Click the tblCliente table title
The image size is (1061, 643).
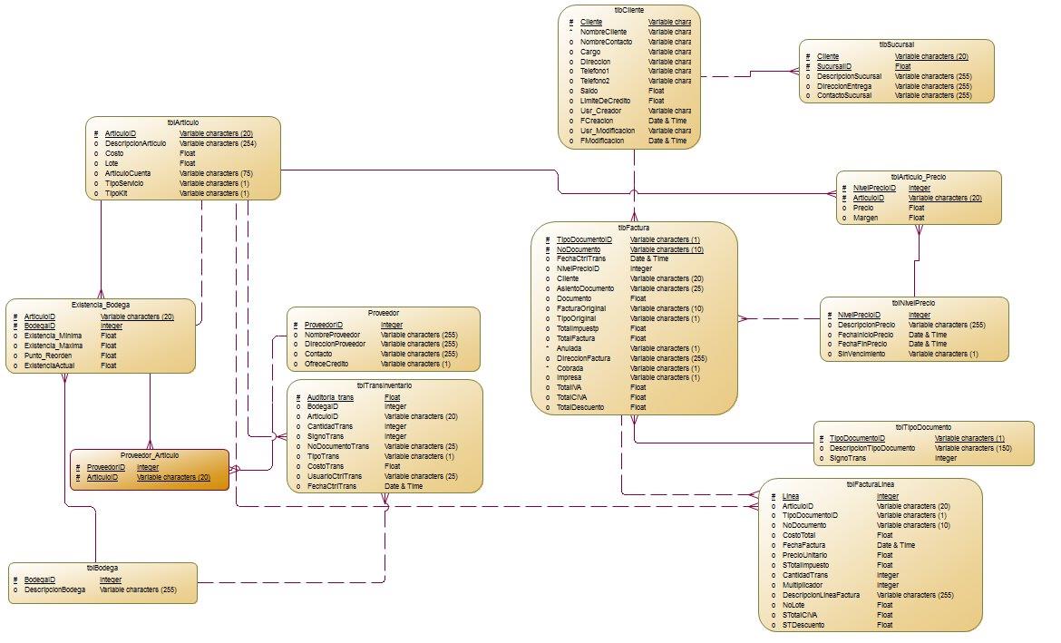pyautogui.click(x=629, y=9)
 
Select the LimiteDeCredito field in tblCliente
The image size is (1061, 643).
pyautogui.click(x=607, y=101)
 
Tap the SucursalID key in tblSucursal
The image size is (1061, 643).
pyautogui.click(x=834, y=66)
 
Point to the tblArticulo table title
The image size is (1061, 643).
pyautogui.click(x=183, y=122)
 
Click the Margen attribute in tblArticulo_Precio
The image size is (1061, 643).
pyautogui.click(x=865, y=218)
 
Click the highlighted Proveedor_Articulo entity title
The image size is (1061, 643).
pyautogui.click(x=150, y=455)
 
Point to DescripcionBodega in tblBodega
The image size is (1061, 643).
pyautogui.click(x=55, y=589)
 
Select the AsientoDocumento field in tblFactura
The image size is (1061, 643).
pyautogui.click(x=585, y=288)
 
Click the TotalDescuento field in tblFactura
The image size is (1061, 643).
pyautogui.click(x=582, y=407)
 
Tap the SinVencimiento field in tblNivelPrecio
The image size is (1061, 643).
pyautogui.click(x=865, y=354)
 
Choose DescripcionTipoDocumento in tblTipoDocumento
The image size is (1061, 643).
pyautogui.click(x=872, y=448)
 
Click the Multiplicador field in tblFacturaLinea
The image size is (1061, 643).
pyautogui.click(x=808, y=585)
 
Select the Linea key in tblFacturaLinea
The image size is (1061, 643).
pyautogui.click(x=792, y=496)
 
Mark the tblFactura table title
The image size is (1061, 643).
pyautogui.click(x=633, y=228)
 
